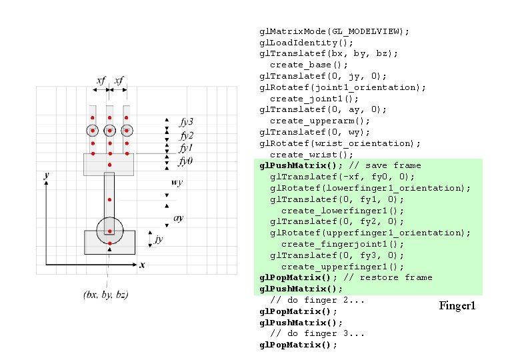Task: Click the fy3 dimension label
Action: tap(187, 122)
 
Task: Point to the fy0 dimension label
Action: tap(186, 161)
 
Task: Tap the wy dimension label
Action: tap(177, 181)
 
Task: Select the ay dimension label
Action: tap(178, 218)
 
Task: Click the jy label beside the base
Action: tap(158, 238)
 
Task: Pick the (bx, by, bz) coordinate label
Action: tap(106, 294)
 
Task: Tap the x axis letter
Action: tap(142, 265)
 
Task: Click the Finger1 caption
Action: tap(457, 306)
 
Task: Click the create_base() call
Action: tap(309, 65)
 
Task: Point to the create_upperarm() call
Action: tap(320, 121)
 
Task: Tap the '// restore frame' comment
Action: tap(399, 277)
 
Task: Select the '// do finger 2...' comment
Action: tap(317, 300)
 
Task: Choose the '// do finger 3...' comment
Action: tap(317, 333)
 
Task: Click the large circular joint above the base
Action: tap(109, 231)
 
